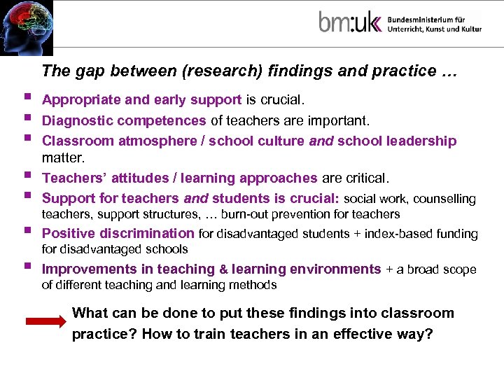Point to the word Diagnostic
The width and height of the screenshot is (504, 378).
pyautogui.click(x=73, y=120)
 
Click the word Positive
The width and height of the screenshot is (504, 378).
pyautogui.click(x=69, y=233)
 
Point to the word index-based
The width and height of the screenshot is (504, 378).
pyautogui.click(x=389, y=234)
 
